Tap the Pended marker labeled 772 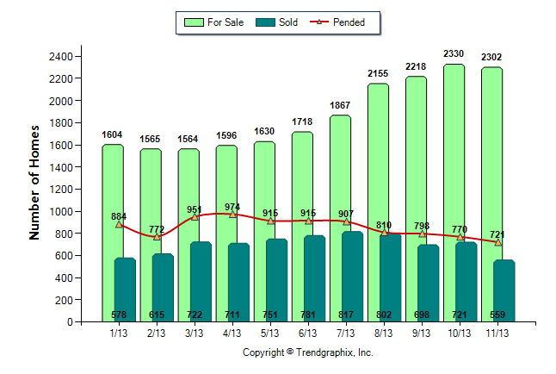[157, 236]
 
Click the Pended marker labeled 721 [497, 242]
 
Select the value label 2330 [454, 54]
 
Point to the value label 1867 [339, 105]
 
